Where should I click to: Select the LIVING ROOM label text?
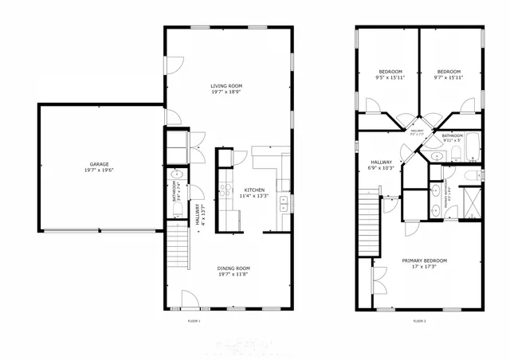click(226, 88)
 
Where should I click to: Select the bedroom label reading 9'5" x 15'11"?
click(390, 75)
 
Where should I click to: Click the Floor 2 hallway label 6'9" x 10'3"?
click(382, 165)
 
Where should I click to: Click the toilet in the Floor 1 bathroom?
click(177, 209)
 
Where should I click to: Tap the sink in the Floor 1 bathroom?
click(177, 175)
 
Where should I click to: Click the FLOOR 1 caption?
click(194, 321)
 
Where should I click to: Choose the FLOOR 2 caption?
click(419, 321)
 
